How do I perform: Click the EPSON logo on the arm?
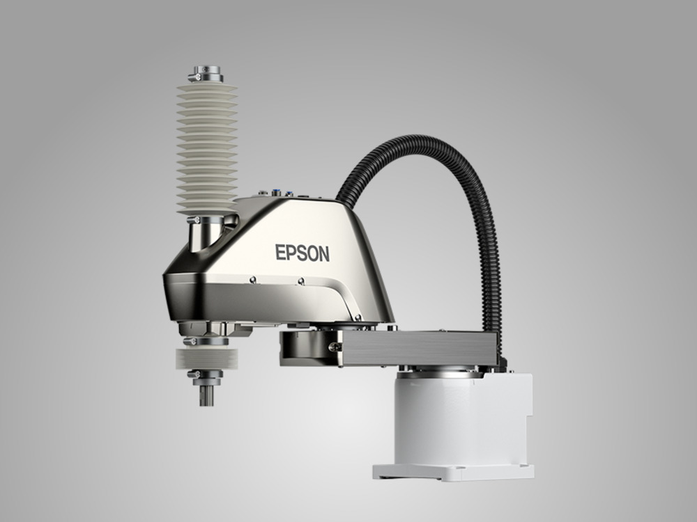[x=302, y=253]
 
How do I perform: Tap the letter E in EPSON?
[x=280, y=252]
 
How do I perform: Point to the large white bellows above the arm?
[x=207, y=148]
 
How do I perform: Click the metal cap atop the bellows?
[x=206, y=74]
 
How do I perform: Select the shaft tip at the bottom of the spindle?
[x=206, y=396]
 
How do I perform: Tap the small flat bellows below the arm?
[x=207, y=358]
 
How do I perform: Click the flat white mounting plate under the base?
[x=454, y=472]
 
